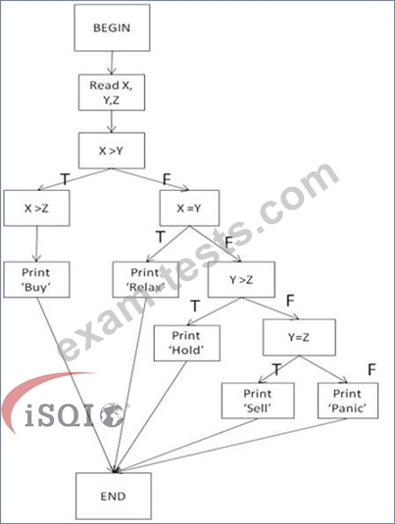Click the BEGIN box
pos(112,27)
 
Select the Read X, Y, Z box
pos(112,93)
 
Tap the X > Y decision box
pos(112,151)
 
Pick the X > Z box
pos(37,209)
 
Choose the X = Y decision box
pos(189,209)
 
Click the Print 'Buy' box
pos(37,280)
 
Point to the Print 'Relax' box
pos(145,280)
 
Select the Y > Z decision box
pos(241,280)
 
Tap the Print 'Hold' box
pos(187,343)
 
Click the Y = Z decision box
pos(299,337)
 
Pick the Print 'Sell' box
pos(258,401)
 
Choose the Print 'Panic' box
pos(348,401)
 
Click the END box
pos(114,496)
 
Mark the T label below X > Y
pos(65,179)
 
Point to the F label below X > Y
pos(167,179)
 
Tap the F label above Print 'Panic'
pos(371,369)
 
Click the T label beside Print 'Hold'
pos(195,307)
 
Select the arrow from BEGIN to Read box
pos(112,63)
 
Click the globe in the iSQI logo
pos(113,415)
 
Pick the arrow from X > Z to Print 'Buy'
pos(37,244)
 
